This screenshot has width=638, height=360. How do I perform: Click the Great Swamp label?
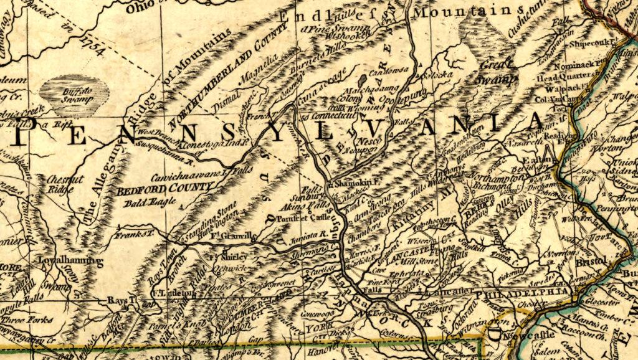tap(498, 71)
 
